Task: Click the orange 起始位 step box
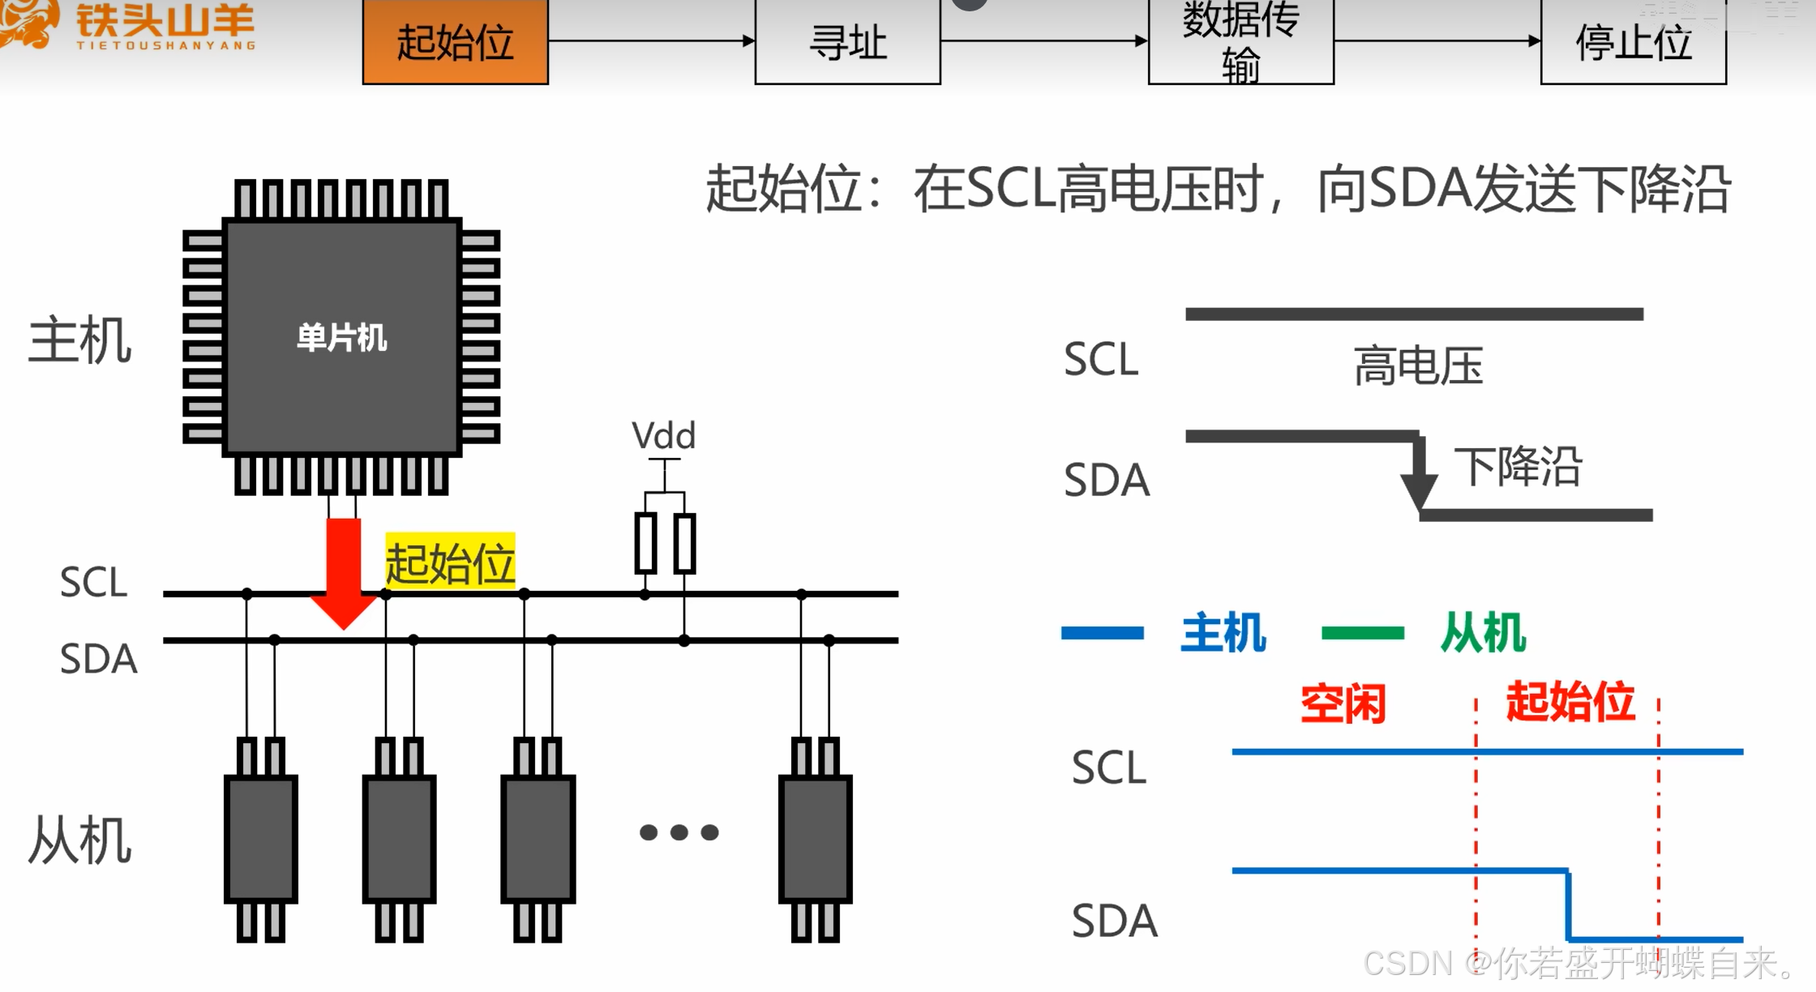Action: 455,41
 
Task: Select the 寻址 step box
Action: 847,41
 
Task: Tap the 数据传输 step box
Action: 1240,41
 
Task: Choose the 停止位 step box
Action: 1633,41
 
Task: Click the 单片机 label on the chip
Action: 341,337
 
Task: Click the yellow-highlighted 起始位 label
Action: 450,561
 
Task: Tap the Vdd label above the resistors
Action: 663,436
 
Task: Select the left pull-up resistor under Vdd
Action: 645,543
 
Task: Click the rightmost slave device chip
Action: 815,838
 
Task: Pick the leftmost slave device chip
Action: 260,838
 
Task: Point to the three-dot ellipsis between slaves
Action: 679,832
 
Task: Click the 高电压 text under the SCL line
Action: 1418,366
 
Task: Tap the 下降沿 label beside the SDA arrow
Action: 1518,466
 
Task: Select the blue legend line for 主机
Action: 1102,633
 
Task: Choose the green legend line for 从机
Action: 1362,633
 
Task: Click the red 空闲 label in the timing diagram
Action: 1343,703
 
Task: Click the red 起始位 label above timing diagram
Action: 1570,701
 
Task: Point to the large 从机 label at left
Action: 79,840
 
